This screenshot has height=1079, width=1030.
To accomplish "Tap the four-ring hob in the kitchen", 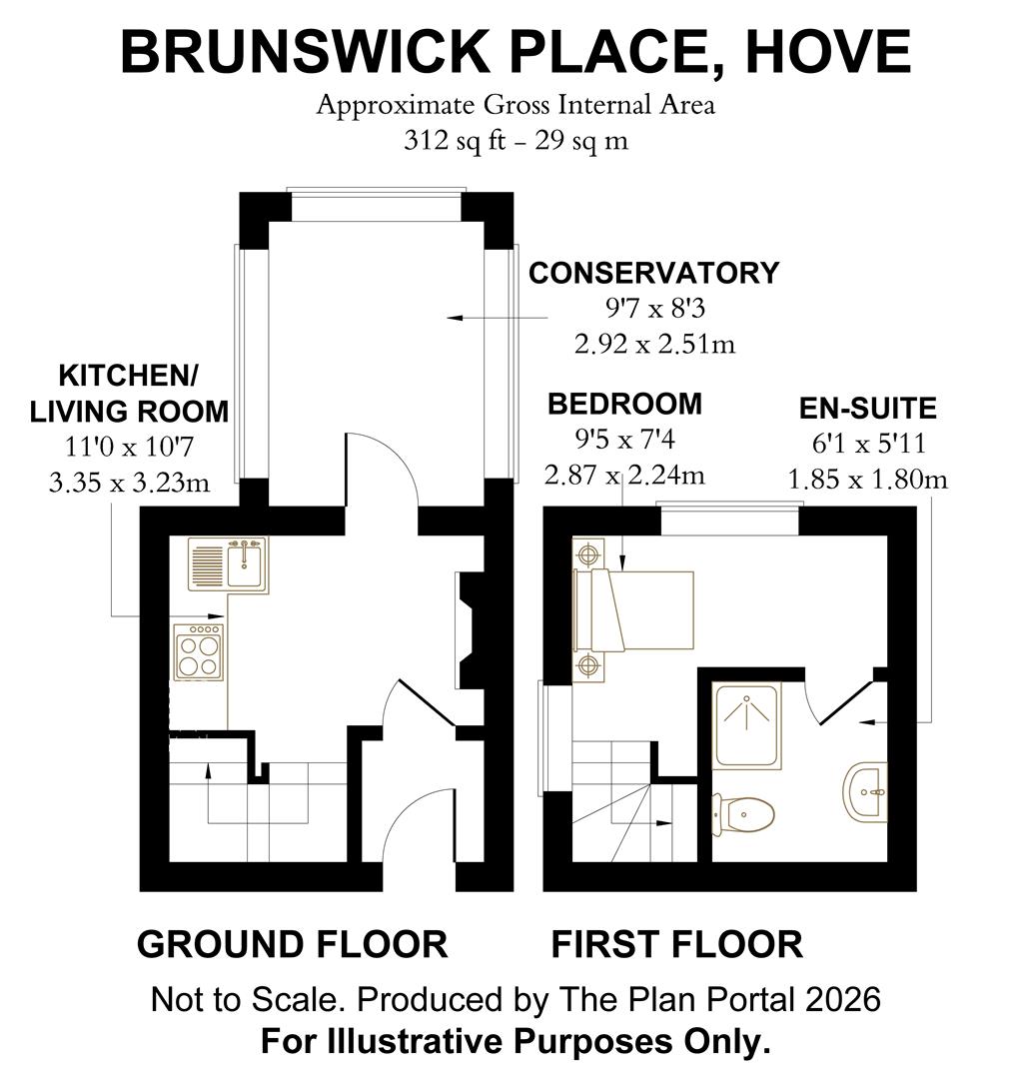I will click(x=199, y=653).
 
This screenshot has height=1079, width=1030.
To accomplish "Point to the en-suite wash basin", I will click(x=866, y=792).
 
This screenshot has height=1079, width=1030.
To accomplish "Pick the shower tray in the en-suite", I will click(x=747, y=726).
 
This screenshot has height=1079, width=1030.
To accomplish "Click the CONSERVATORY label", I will click(x=653, y=273).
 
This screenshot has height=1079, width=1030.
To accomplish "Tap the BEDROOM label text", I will click(x=624, y=404).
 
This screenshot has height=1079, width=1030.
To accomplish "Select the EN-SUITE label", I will click(x=867, y=409).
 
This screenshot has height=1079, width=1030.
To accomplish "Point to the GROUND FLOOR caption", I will click(x=292, y=944).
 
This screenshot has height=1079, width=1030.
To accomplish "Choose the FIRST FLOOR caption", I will click(x=676, y=944).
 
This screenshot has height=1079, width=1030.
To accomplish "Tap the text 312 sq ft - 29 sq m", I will click(x=515, y=140).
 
